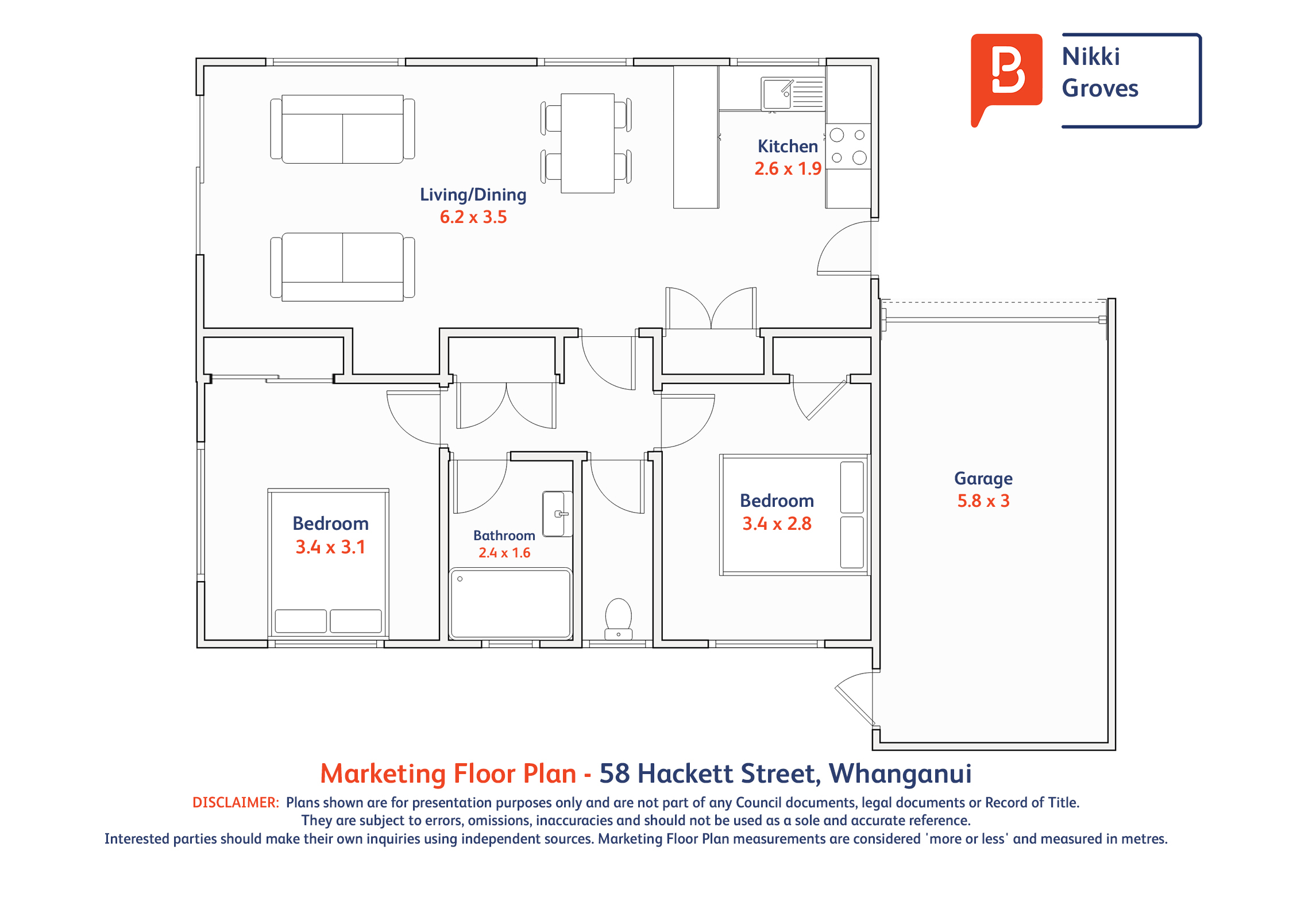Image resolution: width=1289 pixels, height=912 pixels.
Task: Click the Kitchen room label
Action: click(788, 147)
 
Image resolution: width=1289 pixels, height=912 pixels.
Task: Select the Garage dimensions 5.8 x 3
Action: click(983, 501)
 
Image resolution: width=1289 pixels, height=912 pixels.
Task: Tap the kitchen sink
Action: click(793, 93)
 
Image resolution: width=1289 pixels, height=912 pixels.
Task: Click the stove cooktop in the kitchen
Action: click(848, 147)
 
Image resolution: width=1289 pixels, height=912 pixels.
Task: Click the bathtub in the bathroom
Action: click(511, 603)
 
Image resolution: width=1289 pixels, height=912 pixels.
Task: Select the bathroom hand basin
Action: click(557, 514)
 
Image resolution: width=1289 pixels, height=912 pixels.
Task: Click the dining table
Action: click(588, 143)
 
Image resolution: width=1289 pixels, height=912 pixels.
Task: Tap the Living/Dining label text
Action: click(473, 195)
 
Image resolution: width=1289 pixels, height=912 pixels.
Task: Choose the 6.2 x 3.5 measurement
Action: click(473, 217)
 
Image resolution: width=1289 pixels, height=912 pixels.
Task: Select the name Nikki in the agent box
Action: click(1091, 57)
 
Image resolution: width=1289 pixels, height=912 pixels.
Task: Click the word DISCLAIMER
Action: click(236, 802)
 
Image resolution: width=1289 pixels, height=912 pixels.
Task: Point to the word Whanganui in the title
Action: click(900, 774)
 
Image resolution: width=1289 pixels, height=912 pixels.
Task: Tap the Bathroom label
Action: click(504, 536)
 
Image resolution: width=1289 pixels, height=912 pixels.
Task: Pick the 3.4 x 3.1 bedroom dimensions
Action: click(330, 547)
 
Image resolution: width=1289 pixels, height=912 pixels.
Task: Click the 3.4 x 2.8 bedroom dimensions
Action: click(777, 524)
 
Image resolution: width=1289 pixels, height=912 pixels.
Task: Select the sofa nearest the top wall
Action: click(343, 129)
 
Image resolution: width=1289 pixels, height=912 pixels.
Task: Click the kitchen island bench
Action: click(696, 137)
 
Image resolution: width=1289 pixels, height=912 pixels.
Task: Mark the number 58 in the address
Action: click(615, 774)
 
